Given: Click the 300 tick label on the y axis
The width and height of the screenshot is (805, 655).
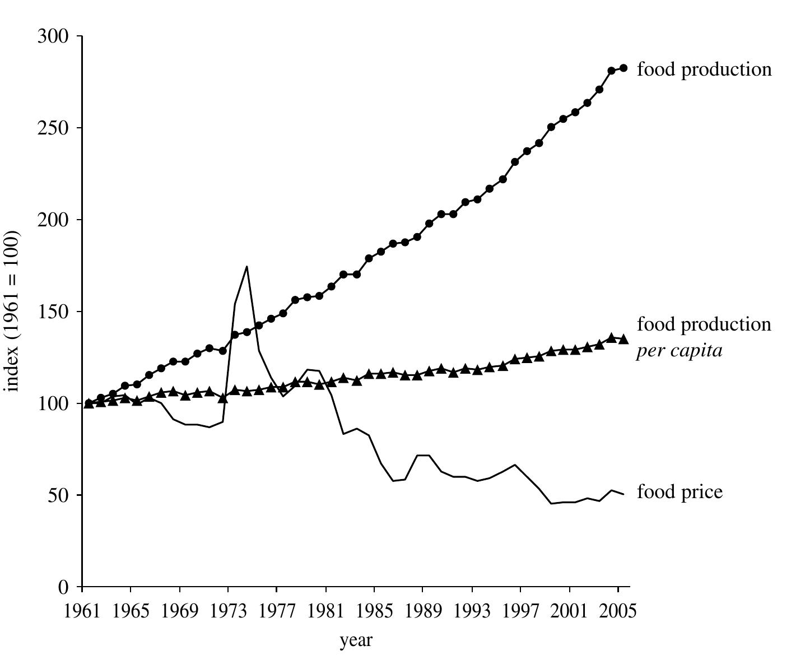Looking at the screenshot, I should pos(53,36).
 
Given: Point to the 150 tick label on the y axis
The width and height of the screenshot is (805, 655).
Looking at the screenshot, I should pos(53,312).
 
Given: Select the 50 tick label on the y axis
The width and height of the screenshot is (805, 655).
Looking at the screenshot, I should pos(59,495).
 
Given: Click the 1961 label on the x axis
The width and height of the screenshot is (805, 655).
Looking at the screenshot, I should pos(82,612).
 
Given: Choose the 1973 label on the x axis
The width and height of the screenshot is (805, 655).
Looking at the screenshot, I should pos(228,612).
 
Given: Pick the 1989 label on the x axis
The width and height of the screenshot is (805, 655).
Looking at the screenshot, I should pos(423,612).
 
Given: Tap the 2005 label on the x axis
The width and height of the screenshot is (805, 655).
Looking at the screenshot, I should pos(618,612).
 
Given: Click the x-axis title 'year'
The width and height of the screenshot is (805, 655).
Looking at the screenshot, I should pos(356,640).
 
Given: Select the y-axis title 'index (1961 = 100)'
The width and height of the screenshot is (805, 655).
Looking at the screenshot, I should pos(12,311).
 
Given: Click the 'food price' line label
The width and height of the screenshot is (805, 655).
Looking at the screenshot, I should pos(680,492).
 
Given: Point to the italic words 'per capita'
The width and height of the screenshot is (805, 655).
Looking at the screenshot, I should pos(679,351).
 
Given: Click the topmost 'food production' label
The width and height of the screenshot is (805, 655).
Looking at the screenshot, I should pos(704,69).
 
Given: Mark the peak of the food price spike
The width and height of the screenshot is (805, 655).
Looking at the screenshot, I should pos(246,267).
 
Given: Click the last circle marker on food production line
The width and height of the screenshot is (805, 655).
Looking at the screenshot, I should pos(623,68).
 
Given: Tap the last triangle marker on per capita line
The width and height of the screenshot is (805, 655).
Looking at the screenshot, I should pos(623,339).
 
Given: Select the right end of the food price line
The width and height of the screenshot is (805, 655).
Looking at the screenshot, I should pos(623,494).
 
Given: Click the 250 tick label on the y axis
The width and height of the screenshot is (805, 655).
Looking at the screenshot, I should pos(53,128).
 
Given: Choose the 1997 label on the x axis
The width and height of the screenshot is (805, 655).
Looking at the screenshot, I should pos(520,612).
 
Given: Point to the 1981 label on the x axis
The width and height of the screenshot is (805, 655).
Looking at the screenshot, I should pos(325,612).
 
